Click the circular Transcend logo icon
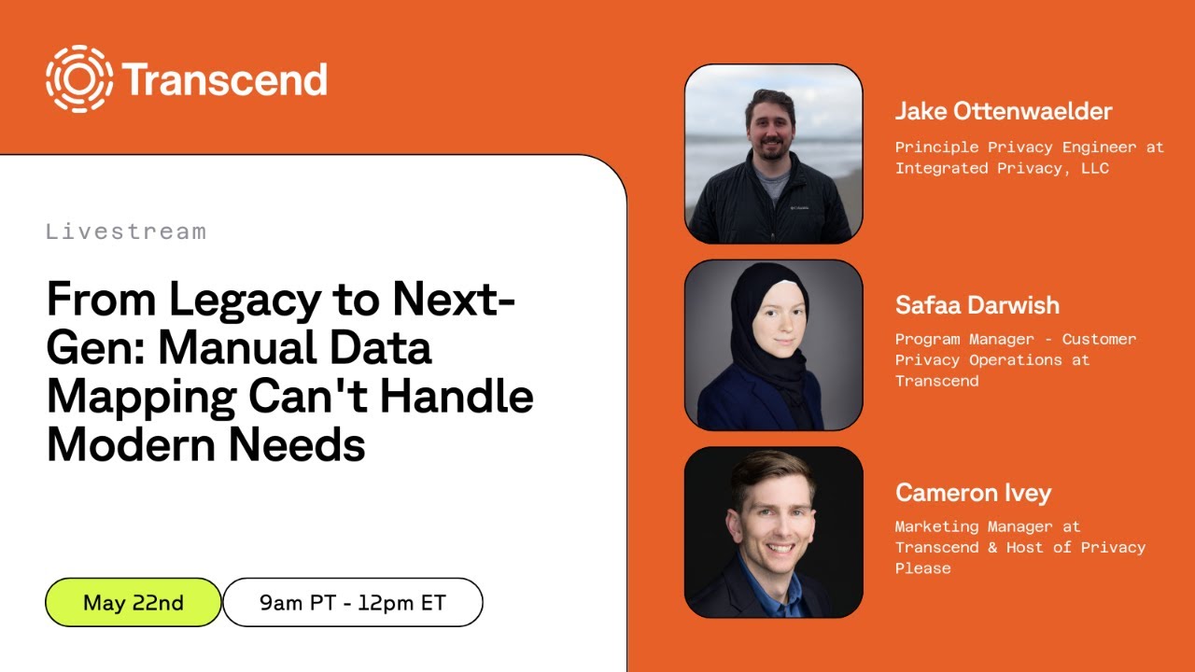79,79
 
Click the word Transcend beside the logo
225,80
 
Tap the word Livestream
125,231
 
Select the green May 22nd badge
134,602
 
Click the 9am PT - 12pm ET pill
352,602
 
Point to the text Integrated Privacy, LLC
1001,168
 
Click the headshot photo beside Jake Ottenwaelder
773,154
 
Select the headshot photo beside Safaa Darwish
773,345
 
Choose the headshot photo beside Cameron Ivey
773,532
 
